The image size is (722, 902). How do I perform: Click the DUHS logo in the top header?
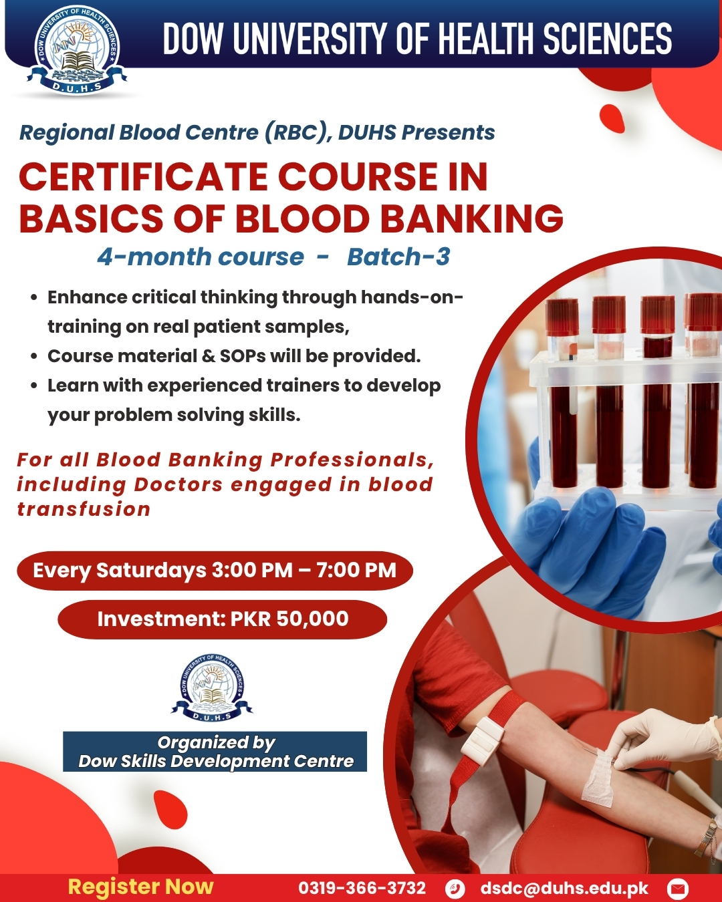pos(77,49)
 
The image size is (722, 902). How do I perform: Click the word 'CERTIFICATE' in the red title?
pos(142,177)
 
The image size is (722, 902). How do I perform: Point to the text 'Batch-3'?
pos(398,257)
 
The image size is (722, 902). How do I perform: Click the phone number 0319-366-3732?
pos(362,888)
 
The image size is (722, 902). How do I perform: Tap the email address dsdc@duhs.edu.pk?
pos(564,888)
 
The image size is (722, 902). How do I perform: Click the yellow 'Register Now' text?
pos(140,887)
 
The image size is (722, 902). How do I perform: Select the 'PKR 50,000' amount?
pos(289,619)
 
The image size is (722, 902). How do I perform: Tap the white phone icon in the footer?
pos(455,888)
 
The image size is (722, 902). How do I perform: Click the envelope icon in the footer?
pos(677,888)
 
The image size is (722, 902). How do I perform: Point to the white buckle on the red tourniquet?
pos(483,736)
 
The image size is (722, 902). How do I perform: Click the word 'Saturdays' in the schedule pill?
pos(152,571)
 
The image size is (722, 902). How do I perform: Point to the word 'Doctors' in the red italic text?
pos(178,484)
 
